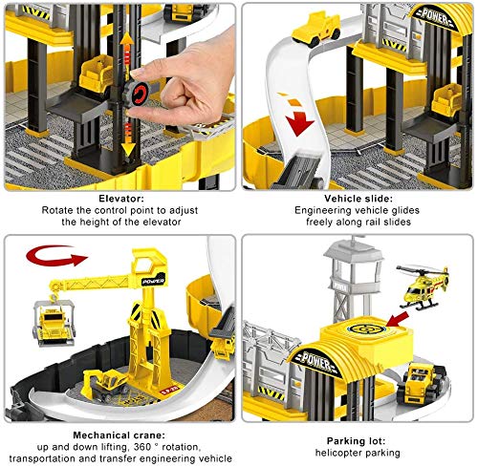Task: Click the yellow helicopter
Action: click(x=423, y=287)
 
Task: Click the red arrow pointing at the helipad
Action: click(x=397, y=319)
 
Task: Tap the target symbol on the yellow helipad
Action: click(x=363, y=328)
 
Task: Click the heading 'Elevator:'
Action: click(x=121, y=199)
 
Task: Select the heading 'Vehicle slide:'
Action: click(x=358, y=199)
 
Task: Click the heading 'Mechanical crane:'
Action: click(x=119, y=435)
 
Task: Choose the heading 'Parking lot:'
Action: click(x=356, y=441)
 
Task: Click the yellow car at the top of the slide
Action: click(x=316, y=30)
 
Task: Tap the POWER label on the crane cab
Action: click(x=153, y=282)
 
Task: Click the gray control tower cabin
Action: click(x=353, y=259)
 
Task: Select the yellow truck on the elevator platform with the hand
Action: click(x=97, y=75)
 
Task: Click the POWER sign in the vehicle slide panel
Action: click(x=435, y=15)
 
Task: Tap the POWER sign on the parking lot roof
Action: click(x=315, y=361)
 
